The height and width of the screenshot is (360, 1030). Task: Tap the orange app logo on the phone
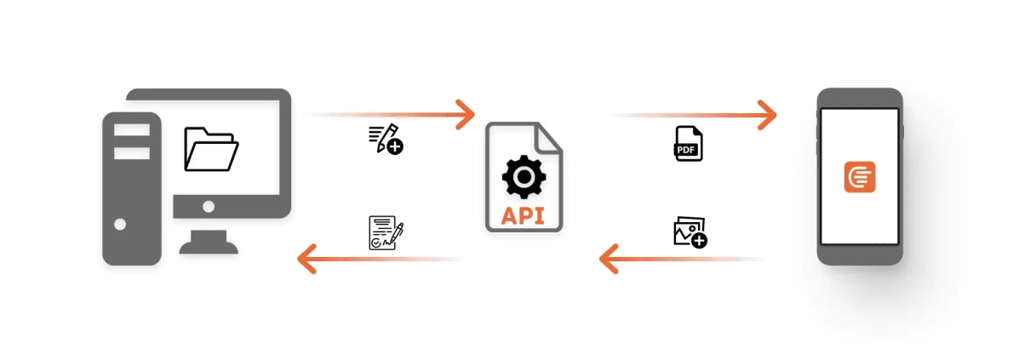point(860,177)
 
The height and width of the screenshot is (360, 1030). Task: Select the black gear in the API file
point(524,176)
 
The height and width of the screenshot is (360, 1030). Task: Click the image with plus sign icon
point(690,231)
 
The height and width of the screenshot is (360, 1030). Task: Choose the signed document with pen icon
point(386,232)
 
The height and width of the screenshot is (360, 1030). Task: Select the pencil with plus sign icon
point(386,139)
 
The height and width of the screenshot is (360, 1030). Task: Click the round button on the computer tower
point(120,225)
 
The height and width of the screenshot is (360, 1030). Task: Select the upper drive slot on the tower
point(132,130)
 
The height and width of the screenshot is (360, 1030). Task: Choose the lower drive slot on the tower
point(132,153)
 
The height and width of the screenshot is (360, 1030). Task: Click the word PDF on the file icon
point(686,149)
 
